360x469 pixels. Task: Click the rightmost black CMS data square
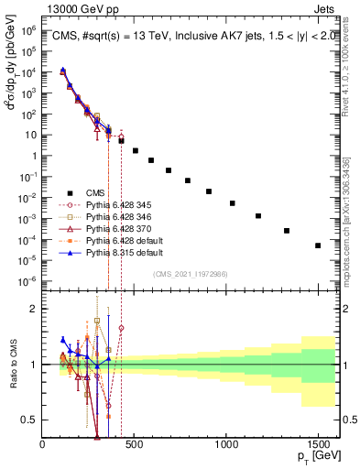(x=318, y=245)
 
